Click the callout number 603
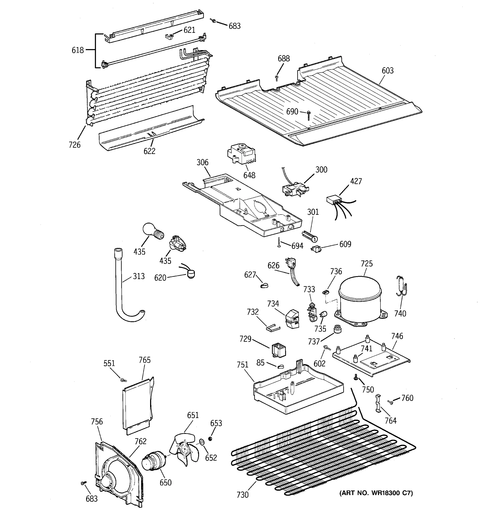(387, 71)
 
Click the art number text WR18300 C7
(376, 493)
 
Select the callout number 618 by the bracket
(78, 50)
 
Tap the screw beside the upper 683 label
(213, 20)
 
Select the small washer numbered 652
(201, 442)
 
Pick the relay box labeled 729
(278, 350)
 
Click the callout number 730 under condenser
(242, 495)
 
